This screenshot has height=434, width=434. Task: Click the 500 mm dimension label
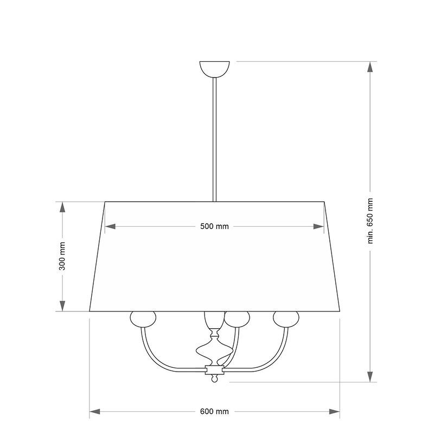(214, 226)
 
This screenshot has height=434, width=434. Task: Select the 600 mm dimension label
(214, 412)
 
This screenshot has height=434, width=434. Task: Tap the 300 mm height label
(62, 256)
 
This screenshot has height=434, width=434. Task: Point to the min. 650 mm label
(371, 221)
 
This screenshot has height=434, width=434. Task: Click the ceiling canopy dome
(214, 69)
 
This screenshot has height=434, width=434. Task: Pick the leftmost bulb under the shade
(143, 319)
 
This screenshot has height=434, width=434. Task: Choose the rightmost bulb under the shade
(286, 319)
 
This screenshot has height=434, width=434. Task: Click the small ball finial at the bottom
(214, 379)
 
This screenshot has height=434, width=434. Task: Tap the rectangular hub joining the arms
(214, 369)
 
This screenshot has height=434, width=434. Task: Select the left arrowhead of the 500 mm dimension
(110, 226)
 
